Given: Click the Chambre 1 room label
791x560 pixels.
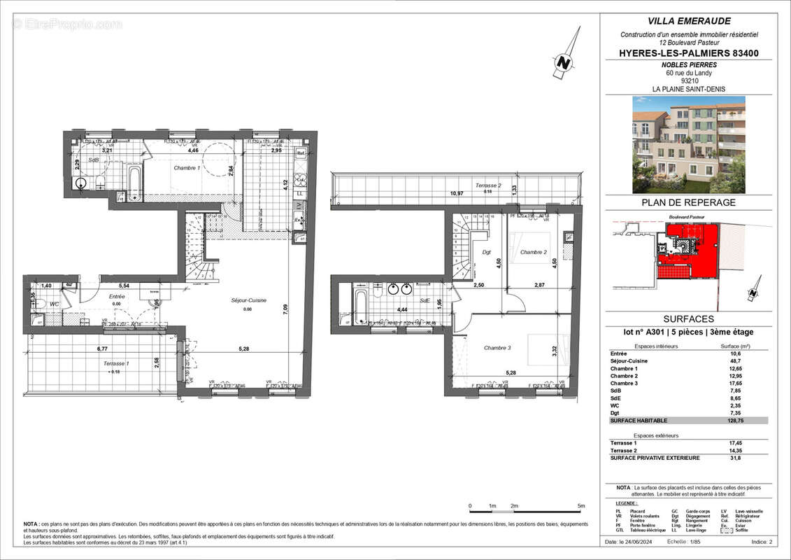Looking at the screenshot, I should coord(187,169).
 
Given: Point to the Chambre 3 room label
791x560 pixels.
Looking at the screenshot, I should coord(497,347).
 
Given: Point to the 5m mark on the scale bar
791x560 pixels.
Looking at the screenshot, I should coord(581,505).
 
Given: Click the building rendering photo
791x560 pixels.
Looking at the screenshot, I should coord(688,144).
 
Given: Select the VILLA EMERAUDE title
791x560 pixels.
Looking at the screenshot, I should coord(688,21).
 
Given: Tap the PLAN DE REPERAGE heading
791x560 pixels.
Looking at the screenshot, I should coord(688,203).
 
